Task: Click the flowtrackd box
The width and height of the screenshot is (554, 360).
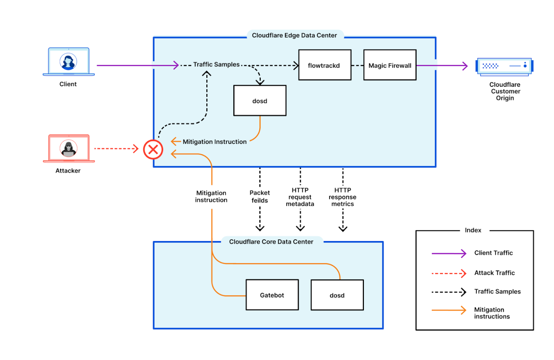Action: click(x=325, y=65)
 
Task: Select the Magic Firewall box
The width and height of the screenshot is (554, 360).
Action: click(x=390, y=65)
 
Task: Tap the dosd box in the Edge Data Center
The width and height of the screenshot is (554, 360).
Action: click(x=260, y=101)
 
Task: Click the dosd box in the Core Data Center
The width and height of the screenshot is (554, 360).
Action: click(x=337, y=295)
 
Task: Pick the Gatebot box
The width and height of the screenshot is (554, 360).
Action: click(x=272, y=295)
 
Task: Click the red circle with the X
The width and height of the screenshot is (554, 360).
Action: click(x=153, y=149)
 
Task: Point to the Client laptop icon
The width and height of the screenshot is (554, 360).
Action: click(x=69, y=62)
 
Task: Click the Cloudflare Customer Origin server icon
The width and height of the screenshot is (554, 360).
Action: click(x=504, y=66)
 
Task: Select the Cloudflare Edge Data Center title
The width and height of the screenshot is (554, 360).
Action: click(x=294, y=35)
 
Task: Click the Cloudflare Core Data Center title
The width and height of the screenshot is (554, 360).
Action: click(x=271, y=242)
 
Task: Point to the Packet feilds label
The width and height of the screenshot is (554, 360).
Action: click(x=260, y=197)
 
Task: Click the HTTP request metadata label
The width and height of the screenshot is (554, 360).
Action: click(x=300, y=197)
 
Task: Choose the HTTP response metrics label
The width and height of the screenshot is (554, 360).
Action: click(x=343, y=197)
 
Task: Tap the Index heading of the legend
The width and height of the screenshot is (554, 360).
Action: click(x=473, y=230)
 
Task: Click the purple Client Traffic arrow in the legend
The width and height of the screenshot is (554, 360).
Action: click(x=449, y=253)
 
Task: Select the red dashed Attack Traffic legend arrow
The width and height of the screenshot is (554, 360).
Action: click(x=449, y=274)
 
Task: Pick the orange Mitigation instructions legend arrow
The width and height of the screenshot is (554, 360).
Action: click(x=449, y=310)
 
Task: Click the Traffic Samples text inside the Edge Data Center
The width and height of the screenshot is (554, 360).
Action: click(x=216, y=65)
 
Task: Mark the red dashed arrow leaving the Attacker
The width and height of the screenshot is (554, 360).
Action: click(x=116, y=148)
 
